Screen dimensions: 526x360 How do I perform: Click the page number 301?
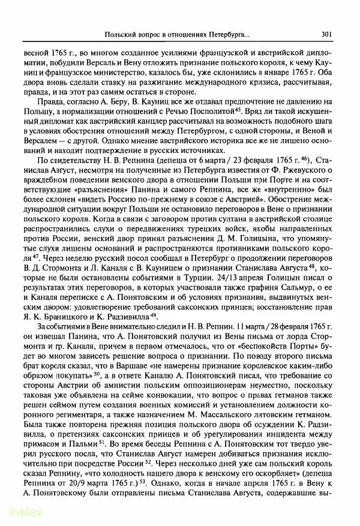(x=327, y=34)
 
